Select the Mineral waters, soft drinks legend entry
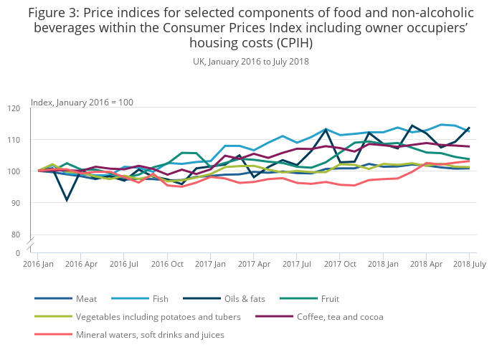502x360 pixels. coord(150,334)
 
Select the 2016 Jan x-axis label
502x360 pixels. coord(38,264)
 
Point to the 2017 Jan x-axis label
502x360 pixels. coord(210,264)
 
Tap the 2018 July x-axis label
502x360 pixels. coord(468,264)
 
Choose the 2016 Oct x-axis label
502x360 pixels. coord(167,264)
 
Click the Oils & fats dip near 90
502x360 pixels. coord(67,199)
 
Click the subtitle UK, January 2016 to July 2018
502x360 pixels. coord(250,62)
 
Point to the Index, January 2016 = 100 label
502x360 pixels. coord(82,103)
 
